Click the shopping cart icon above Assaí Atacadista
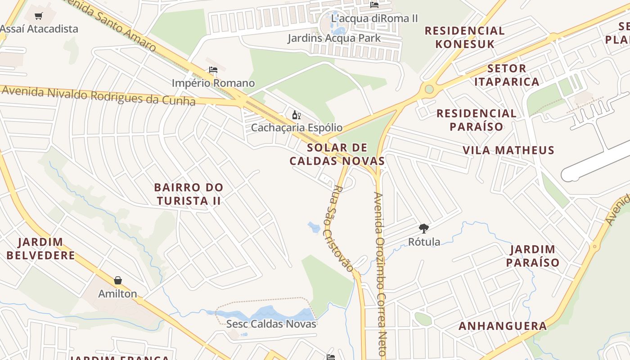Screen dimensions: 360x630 click(39, 16)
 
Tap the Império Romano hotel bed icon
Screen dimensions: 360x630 click(213, 70)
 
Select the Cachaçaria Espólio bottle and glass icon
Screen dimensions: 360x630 click(296, 115)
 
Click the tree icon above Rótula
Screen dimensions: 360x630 click(423, 229)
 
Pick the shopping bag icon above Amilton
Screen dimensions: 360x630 click(118, 281)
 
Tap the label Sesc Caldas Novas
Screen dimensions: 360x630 click(271, 324)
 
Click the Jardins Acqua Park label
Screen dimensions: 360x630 click(334, 38)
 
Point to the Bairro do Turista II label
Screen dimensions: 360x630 click(189, 194)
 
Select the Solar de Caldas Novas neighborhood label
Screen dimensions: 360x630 click(337, 154)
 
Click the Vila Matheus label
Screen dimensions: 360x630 click(508, 150)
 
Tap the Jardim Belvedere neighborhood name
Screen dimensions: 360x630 click(40, 249)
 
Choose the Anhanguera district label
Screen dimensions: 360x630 click(503, 326)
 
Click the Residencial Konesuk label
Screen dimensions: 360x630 click(464, 37)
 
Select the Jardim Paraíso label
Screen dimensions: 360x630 click(533, 256)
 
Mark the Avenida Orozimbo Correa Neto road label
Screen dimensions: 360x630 click(380, 274)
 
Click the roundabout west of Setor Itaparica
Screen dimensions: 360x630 click(429, 89)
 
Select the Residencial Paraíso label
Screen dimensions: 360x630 click(477, 120)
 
